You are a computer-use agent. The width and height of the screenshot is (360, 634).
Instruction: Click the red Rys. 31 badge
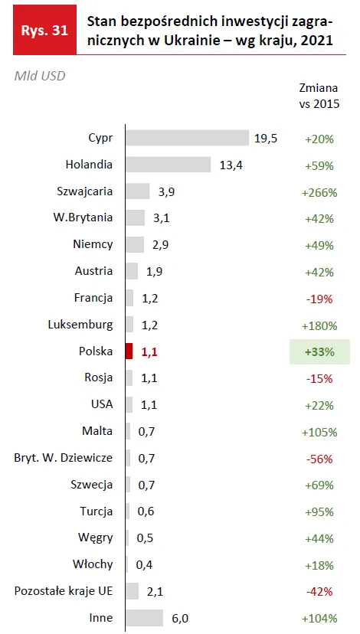tap(44, 30)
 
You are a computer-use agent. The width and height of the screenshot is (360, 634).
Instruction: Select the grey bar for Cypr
tap(188, 138)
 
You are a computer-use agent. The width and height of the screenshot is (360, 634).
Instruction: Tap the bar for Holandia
tap(169, 165)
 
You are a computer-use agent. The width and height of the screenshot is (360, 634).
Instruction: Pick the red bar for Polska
tap(129, 351)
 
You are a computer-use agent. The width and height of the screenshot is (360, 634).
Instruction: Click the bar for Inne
tap(145, 618)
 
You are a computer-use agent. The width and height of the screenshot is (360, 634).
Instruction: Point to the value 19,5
tap(266, 139)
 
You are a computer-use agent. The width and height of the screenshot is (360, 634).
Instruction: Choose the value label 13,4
tap(231, 165)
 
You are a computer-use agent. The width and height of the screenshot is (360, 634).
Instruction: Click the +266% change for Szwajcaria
tap(319, 192)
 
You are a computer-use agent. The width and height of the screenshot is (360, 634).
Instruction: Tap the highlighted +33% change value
tap(319, 352)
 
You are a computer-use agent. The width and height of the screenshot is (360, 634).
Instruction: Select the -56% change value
tap(319, 459)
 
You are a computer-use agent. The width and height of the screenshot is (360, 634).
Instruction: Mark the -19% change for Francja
tap(319, 299)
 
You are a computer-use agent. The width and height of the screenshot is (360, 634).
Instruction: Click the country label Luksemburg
tap(80, 325)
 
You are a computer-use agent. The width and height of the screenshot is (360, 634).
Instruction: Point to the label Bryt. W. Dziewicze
tap(64, 459)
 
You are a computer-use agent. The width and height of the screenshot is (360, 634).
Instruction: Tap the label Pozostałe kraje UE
tap(64, 591)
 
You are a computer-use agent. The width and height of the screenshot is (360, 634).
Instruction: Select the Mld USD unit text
tap(40, 76)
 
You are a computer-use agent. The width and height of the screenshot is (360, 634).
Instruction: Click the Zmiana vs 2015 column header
tap(319, 96)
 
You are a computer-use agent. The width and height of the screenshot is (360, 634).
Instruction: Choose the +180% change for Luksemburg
tap(319, 326)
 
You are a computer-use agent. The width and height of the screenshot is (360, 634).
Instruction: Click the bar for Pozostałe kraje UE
tap(133, 591)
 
